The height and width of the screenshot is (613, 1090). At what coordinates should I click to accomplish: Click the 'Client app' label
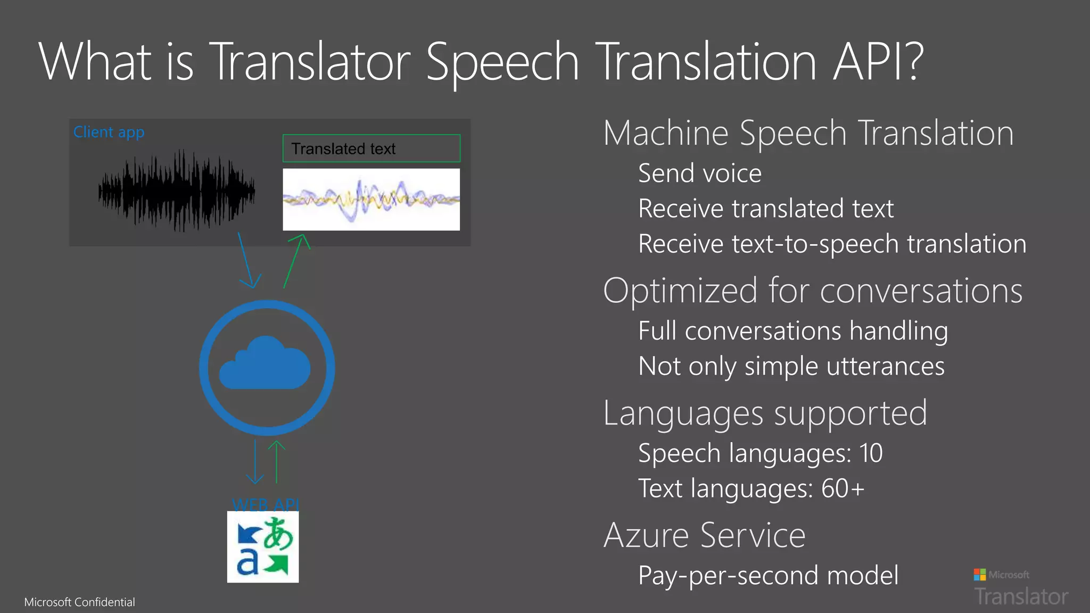109,132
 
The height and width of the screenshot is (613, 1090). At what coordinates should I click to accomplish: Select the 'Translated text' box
371,148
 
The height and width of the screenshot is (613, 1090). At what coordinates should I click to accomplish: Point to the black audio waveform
176,190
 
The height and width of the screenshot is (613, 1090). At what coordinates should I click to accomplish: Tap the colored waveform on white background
371,200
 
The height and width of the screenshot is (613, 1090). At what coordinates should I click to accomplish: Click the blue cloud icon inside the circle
266,364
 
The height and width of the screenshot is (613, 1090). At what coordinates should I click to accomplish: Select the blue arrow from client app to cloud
246,261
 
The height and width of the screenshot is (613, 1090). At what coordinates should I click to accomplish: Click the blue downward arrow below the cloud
255,462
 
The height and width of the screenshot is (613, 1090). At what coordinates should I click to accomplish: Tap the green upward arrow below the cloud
277,461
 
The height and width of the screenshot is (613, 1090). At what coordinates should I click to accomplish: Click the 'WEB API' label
266,504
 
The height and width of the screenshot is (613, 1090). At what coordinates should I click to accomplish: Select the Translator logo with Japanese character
263,547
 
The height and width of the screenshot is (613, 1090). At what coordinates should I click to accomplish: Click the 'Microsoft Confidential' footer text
79,602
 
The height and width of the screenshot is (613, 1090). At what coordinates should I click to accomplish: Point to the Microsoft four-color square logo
979,575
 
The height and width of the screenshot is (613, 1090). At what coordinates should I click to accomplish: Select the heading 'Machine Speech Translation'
808,133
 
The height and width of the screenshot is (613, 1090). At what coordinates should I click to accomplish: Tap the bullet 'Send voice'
699,173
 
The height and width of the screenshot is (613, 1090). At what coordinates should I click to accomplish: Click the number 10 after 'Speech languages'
871,453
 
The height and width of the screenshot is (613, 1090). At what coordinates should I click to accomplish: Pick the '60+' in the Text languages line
843,488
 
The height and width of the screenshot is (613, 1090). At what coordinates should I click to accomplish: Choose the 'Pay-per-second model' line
768,576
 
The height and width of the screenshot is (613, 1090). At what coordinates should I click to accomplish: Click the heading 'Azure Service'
704,535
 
